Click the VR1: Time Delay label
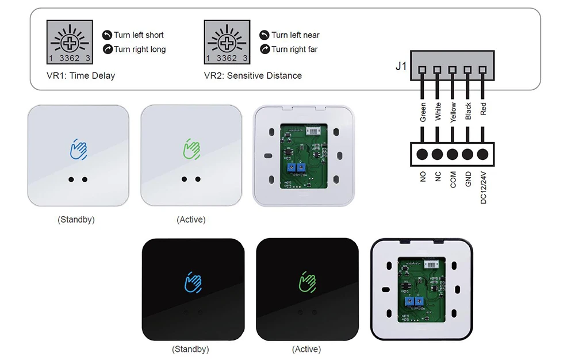coord(80,75)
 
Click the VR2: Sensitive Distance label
coord(252,75)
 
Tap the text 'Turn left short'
coord(139,35)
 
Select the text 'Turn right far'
coord(294,49)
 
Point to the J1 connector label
coord(401,66)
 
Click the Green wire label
coord(423,112)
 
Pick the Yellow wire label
coord(453,112)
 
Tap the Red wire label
coord(483,109)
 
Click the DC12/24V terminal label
coord(483,187)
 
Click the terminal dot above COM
coord(453,154)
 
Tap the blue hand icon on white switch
coord(78,148)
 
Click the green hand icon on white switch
coord(191,148)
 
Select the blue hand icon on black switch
coord(193,282)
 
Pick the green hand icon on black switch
coord(307,282)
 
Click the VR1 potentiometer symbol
coord(70,42)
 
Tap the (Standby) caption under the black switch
coord(190,349)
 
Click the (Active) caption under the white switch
coord(191,220)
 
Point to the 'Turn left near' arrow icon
coord(264,35)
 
